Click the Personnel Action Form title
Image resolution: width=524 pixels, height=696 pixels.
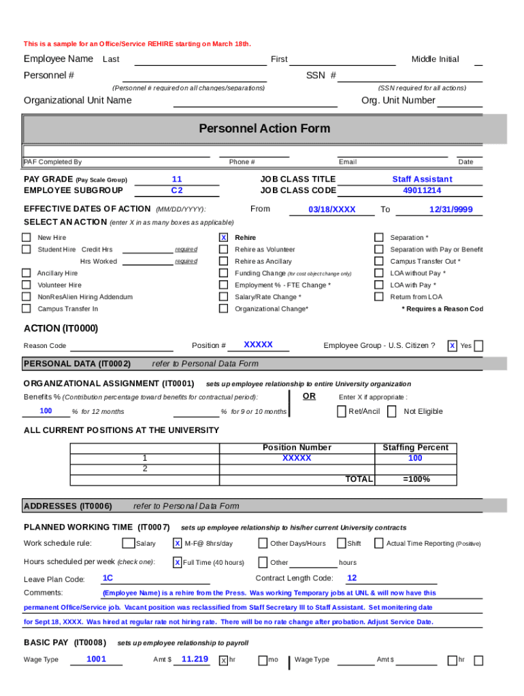(264, 128)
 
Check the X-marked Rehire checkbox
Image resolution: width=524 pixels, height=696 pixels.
(223, 238)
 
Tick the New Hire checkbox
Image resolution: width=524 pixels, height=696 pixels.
(26, 238)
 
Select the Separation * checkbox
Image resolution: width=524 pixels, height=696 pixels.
(379, 238)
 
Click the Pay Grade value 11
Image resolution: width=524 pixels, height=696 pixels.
(177, 179)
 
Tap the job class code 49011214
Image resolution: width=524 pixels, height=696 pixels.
(422, 191)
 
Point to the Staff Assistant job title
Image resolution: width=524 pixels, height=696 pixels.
(422, 179)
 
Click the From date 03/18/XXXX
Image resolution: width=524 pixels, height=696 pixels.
(331, 210)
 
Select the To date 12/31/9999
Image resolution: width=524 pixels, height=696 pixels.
(451, 210)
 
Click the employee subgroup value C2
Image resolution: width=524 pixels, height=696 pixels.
(177, 191)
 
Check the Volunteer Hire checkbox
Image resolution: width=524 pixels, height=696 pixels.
(26, 285)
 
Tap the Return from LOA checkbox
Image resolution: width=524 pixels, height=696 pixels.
(379, 297)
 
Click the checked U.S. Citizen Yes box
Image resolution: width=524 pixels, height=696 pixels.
(452, 346)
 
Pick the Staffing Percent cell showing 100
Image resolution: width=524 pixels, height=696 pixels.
(415, 459)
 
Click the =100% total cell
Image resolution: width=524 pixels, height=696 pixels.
(415, 479)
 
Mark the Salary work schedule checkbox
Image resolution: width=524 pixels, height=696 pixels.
(128, 543)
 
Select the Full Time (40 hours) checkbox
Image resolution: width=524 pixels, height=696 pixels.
(177, 563)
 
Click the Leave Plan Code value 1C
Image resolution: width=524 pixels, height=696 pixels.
(108, 578)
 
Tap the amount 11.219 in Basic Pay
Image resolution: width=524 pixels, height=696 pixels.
(195, 659)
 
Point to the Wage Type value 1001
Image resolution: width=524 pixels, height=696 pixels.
(96, 659)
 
